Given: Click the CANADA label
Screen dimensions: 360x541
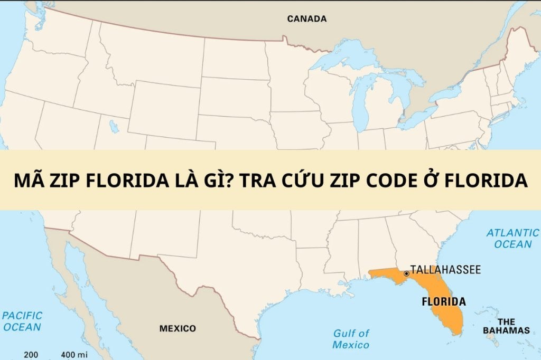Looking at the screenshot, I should [x=306, y=19].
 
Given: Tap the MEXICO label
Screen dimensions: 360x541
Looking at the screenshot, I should [x=178, y=328].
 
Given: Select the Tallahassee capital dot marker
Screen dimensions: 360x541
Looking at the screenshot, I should [x=406, y=273].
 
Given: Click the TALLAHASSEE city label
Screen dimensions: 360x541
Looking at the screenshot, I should [x=445, y=270].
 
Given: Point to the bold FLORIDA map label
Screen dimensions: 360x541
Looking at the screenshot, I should [x=443, y=302].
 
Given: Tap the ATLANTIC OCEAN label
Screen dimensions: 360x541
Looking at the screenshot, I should [x=512, y=238].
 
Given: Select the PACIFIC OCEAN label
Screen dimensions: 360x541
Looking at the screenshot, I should [x=22, y=321].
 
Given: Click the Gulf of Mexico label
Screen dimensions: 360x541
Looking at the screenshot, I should [x=351, y=339].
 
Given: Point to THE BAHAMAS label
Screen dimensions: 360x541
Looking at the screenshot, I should [x=506, y=326].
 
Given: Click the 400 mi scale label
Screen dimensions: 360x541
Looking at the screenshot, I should [x=74, y=354].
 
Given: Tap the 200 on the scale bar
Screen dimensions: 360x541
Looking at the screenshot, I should [x=31, y=354].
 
